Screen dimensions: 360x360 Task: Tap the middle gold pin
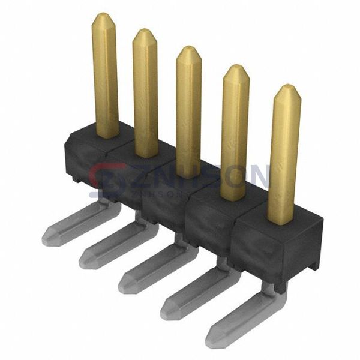188,111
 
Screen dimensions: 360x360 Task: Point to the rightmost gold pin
284,153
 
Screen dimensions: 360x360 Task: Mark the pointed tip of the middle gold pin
188,50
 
